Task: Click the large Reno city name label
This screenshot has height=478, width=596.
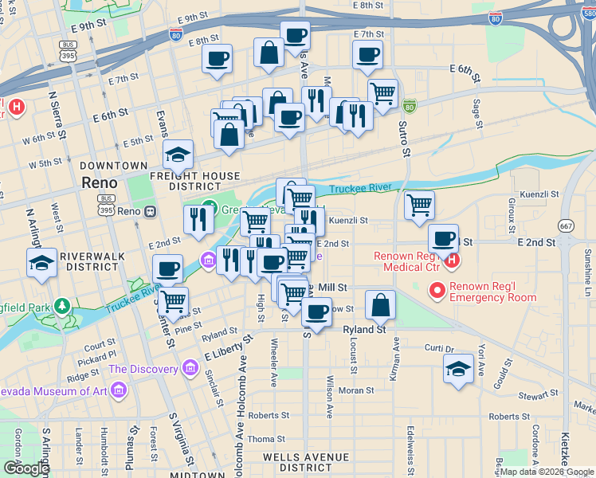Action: [x=101, y=182]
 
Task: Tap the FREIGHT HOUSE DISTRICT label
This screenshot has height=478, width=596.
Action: [x=193, y=181]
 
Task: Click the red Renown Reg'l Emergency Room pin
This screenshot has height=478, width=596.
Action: [x=437, y=291]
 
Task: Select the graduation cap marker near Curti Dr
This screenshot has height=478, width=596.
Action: [x=458, y=368]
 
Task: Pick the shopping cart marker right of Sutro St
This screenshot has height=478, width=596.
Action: [x=419, y=206]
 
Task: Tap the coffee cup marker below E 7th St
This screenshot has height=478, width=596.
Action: [x=367, y=55]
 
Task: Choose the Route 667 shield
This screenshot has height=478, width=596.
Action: [x=566, y=225]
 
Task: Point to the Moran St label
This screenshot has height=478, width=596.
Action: [x=357, y=390]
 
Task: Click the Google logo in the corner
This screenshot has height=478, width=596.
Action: [x=26, y=468]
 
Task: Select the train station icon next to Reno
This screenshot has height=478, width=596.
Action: [x=148, y=212]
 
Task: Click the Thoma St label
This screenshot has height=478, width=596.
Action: [x=266, y=439]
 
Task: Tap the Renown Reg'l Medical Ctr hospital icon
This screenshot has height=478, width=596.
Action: [x=452, y=260]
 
